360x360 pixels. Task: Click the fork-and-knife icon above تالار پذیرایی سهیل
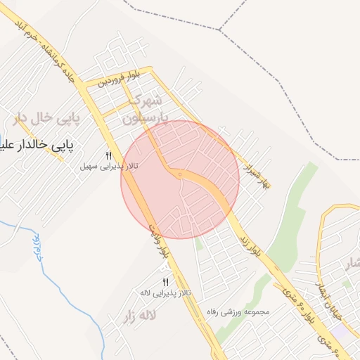coord(109,155)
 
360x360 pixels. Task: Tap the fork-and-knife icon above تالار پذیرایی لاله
coord(166,282)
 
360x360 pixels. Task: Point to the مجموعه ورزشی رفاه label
coord(239,311)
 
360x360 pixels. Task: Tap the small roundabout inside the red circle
coord(180,174)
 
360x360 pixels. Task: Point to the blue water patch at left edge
coord(3,138)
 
